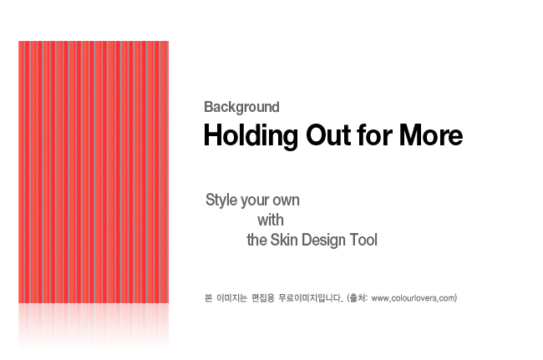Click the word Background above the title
[241, 107]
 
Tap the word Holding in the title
[251, 135]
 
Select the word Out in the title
[328, 134]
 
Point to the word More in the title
[431, 134]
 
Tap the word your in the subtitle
[255, 201]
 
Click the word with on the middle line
[271, 221]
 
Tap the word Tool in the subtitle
[363, 240]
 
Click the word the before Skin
[256, 240]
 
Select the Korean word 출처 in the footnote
[358, 297]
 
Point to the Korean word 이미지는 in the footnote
[231, 297]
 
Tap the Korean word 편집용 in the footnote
[263, 297]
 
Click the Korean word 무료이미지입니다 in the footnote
[311, 297]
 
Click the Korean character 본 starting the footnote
[209, 297]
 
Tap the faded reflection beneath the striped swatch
[94, 326]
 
